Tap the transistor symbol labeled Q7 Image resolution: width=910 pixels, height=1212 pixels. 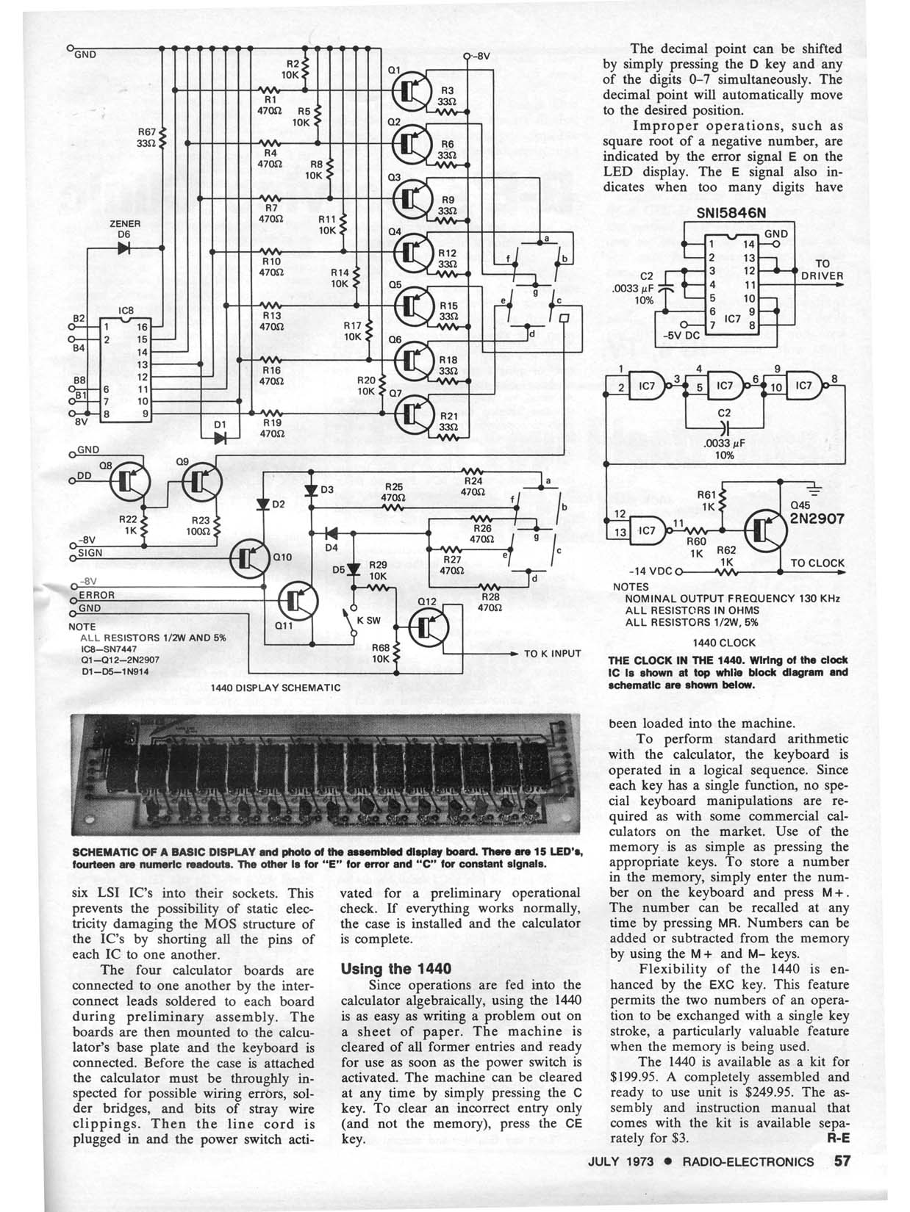click(409, 416)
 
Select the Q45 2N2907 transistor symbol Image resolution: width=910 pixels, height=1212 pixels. click(764, 527)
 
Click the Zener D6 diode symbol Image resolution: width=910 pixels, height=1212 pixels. click(123, 248)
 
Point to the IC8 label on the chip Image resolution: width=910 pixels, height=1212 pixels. click(125, 311)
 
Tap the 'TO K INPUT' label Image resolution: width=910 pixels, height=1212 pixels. click(551, 653)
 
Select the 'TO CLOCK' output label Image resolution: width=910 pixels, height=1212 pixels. click(817, 563)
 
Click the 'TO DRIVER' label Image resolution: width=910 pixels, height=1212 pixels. click(823, 270)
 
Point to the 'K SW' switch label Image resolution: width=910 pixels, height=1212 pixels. click(368, 620)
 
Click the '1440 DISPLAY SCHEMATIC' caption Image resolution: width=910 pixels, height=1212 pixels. click(275, 688)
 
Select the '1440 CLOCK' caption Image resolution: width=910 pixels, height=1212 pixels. click(724, 642)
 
